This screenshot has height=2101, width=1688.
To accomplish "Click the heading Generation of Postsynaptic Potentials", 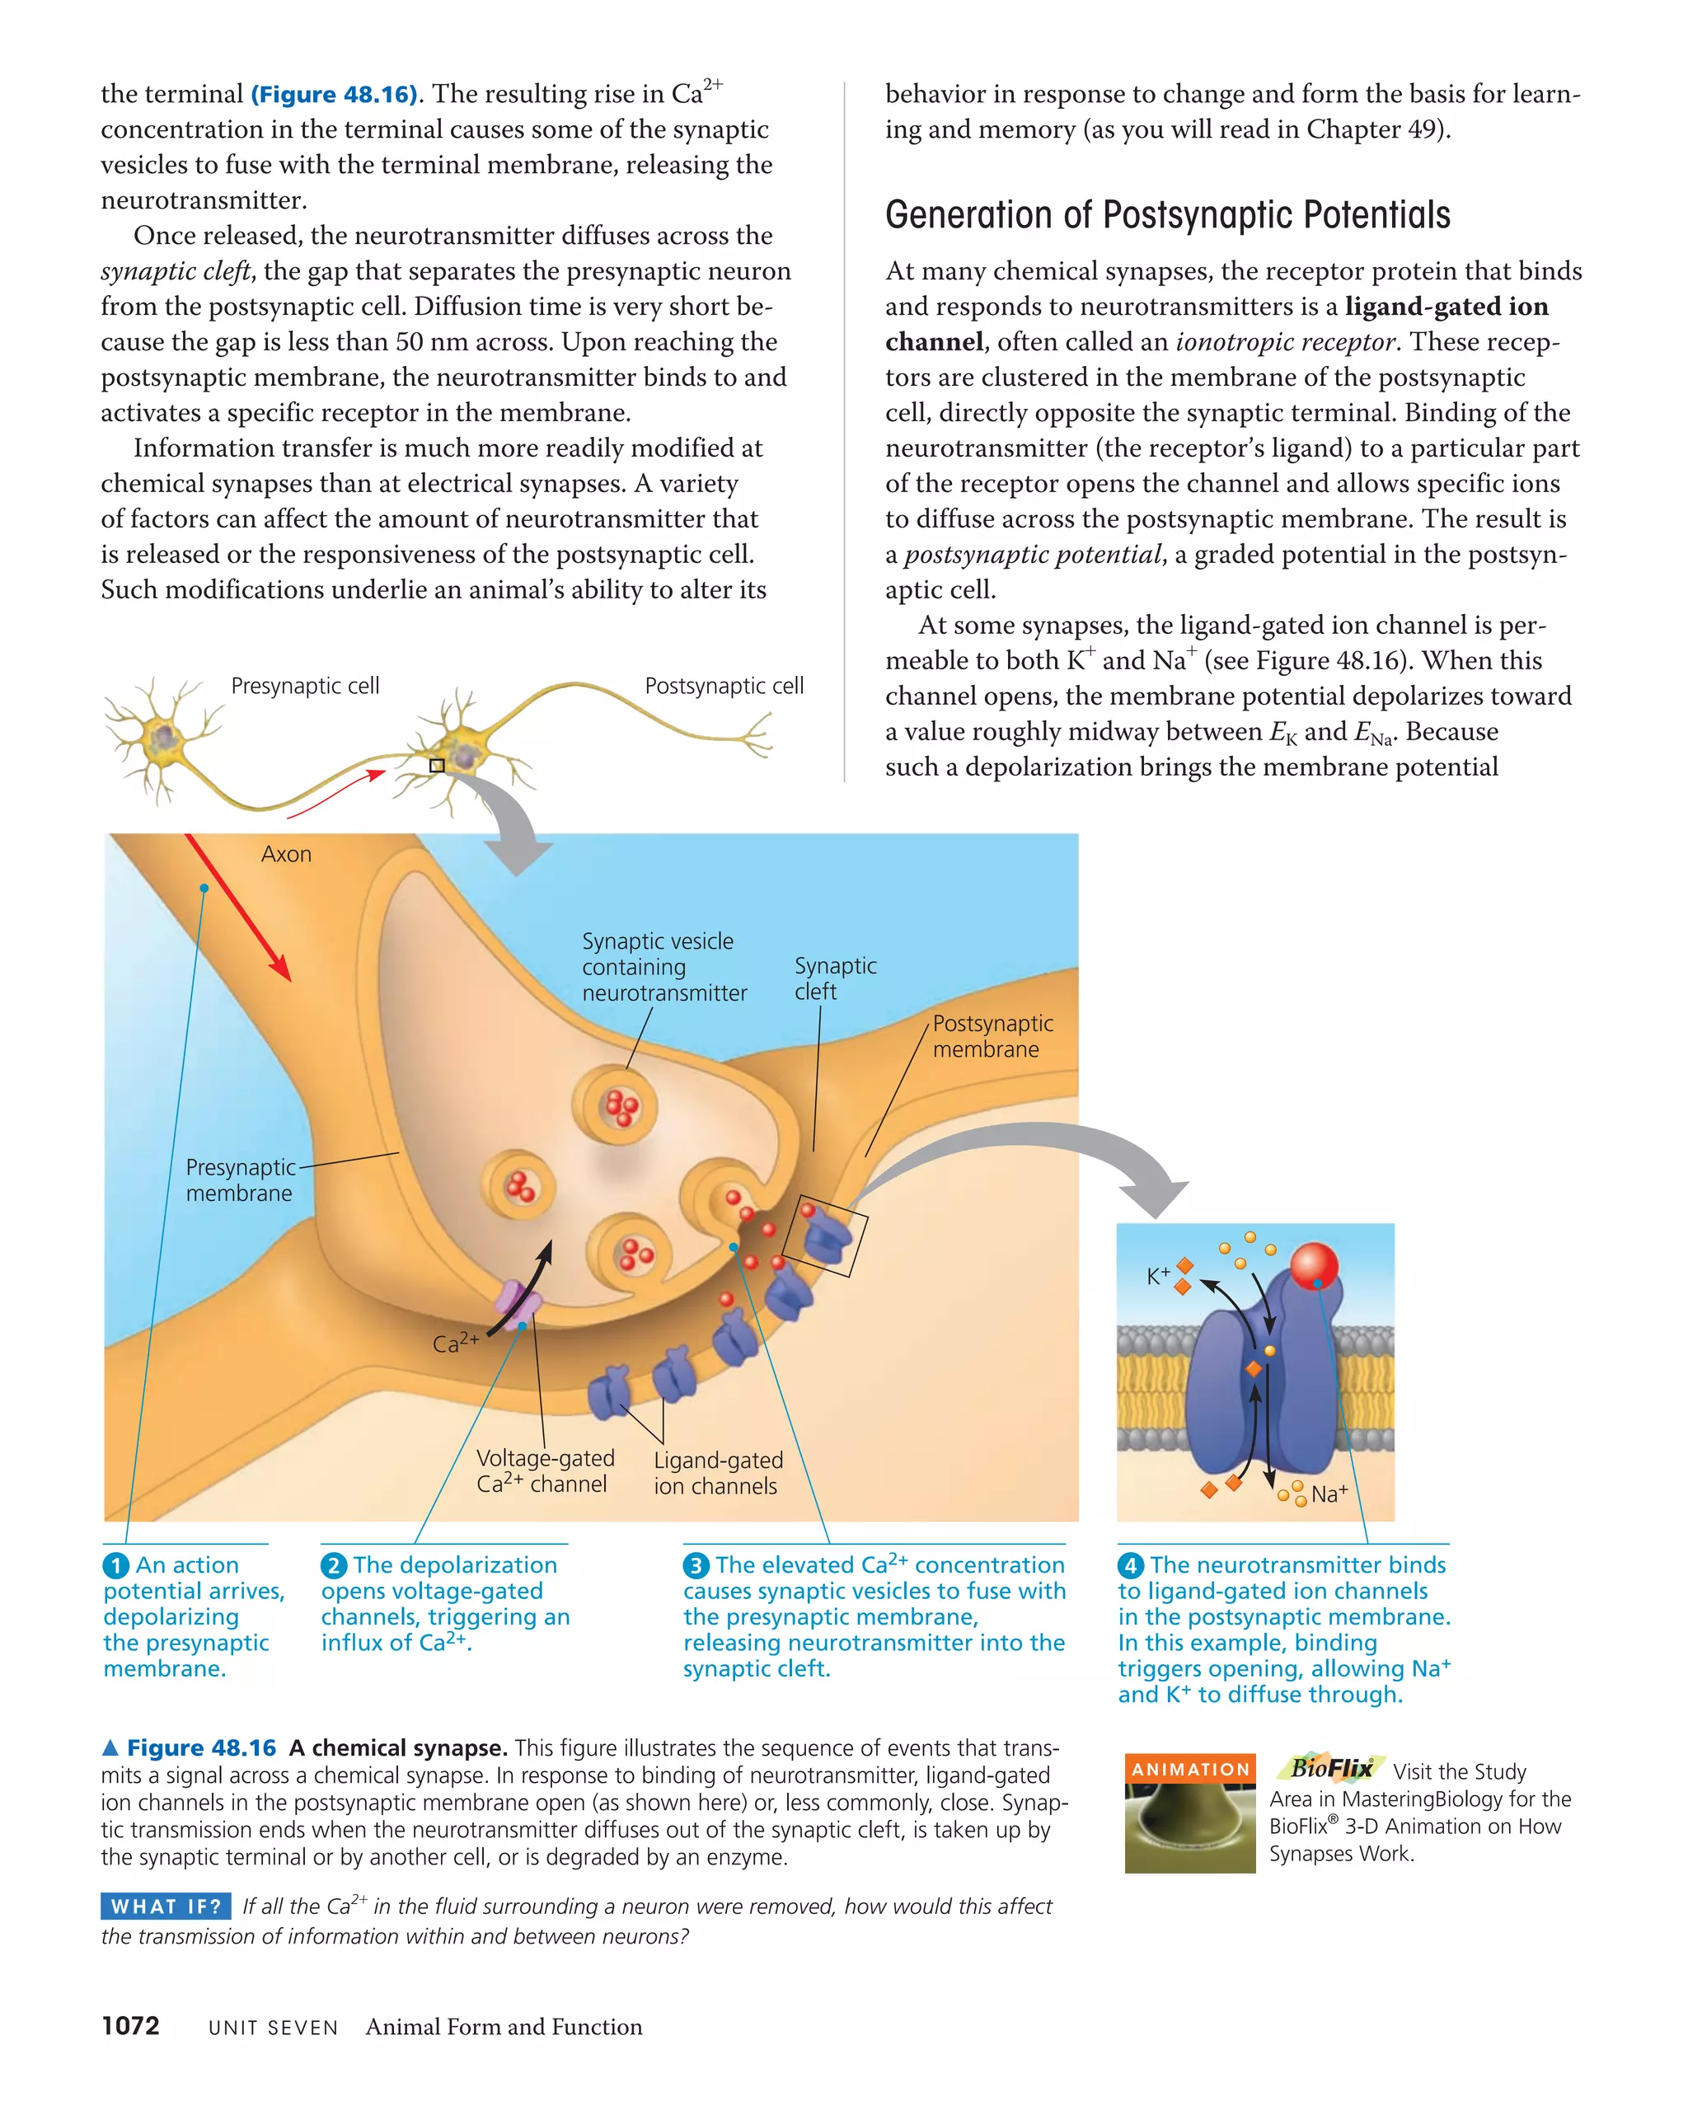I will tap(1166, 215).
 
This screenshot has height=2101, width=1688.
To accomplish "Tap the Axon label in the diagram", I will tap(285, 855).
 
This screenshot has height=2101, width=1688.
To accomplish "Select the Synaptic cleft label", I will tap(834, 978).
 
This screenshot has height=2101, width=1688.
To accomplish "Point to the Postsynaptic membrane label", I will tap(992, 1036).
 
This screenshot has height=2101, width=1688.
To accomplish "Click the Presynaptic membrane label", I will tap(240, 1180).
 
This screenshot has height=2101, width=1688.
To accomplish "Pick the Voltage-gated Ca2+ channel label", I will tap(545, 1470).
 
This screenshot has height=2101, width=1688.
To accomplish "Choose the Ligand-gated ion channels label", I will tap(717, 1474).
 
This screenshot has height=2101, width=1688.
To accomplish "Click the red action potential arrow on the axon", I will tap(238, 907).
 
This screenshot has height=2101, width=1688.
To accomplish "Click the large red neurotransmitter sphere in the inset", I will tap(1313, 1265).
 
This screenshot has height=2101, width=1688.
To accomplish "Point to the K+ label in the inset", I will tap(1158, 1276).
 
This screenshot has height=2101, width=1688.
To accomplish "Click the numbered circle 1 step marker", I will tap(116, 1566).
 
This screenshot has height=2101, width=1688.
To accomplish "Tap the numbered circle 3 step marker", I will tap(695, 1566).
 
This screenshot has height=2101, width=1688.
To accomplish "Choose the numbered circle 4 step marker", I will tap(1129, 1566).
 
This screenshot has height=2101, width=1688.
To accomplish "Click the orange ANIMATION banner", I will tap(1189, 1769).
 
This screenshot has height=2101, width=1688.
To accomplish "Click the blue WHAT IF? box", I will tap(166, 1906).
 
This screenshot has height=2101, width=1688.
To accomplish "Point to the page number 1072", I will tap(130, 2026).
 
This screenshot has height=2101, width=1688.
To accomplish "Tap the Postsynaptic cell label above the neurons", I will tap(724, 686).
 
